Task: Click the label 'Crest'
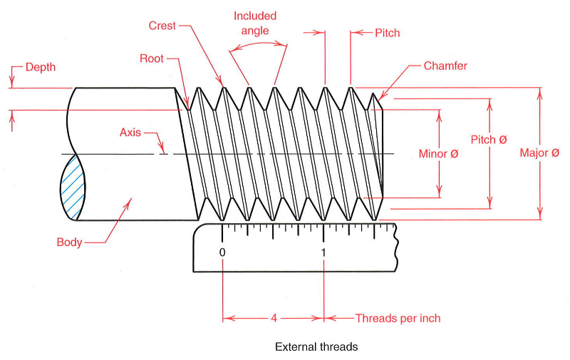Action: [162, 26]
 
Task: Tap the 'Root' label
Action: [152, 58]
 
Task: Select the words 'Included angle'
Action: [254, 23]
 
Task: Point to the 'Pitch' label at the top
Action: [387, 33]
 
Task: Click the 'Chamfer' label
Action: [445, 66]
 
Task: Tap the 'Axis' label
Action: [130, 133]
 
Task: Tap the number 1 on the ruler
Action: [323, 252]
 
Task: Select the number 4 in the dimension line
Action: [274, 318]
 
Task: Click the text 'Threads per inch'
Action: [398, 318]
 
